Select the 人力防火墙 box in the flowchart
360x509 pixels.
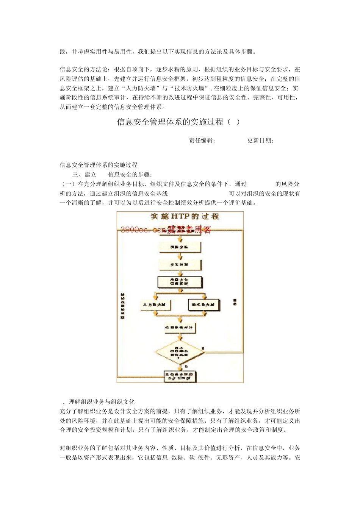[156, 304]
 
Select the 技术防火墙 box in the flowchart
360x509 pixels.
[203, 304]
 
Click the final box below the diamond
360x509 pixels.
[180, 376]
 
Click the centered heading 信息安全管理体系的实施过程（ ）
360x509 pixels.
[178, 122]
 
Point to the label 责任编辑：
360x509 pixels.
[202, 141]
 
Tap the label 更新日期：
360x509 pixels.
[261, 141]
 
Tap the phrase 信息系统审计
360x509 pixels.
[108, 98]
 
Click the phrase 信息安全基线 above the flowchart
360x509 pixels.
[150, 194]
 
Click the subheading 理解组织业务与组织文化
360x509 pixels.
[102, 402]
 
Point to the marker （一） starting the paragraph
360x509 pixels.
[68, 184]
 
